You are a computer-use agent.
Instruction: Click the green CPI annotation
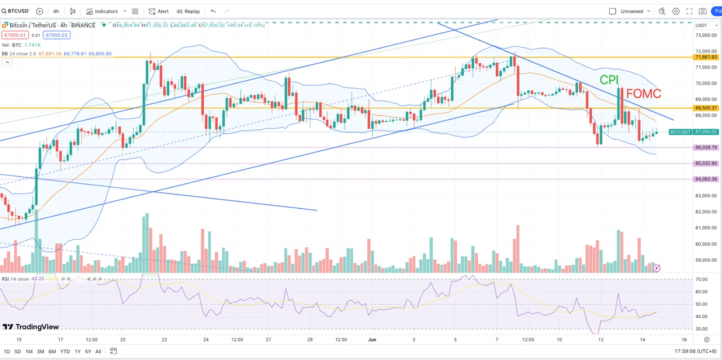609,80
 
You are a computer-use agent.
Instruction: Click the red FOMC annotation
644,94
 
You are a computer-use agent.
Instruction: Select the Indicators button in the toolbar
102,11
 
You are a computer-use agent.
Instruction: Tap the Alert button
159,11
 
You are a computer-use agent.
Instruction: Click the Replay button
188,11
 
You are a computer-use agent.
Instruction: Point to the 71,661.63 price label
706,57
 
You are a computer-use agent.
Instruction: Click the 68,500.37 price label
706,108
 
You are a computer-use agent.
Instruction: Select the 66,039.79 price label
706,147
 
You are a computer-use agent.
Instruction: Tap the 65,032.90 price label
706,164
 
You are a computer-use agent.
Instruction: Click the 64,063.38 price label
706,179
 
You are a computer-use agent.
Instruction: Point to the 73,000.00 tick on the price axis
706,35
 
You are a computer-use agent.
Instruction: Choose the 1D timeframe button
7,352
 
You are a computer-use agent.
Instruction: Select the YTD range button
65,352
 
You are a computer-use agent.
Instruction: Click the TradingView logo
31,327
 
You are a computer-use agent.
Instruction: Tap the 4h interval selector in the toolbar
56,11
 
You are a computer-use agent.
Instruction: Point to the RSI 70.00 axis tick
702,279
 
